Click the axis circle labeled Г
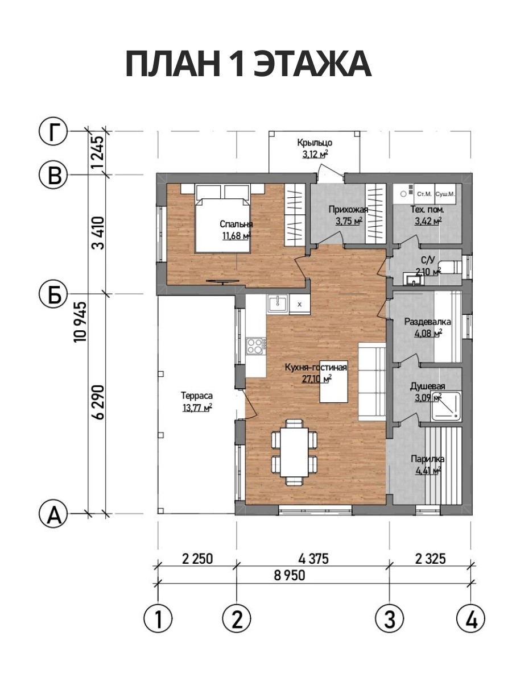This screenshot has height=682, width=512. click(53, 132)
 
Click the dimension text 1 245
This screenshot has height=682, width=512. click(96, 152)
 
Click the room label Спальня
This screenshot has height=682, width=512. click(236, 224)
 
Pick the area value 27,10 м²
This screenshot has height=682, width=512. click(316, 380)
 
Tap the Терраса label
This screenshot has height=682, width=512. click(197, 396)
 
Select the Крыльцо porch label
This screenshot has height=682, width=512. click(315, 143)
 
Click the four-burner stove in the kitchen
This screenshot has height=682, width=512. click(255, 346)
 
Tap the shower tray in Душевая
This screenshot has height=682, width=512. click(445, 406)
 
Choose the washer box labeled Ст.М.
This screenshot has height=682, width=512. click(424, 194)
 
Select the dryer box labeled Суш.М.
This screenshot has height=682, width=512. click(445, 194)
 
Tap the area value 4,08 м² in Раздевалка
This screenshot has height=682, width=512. click(428, 334)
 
